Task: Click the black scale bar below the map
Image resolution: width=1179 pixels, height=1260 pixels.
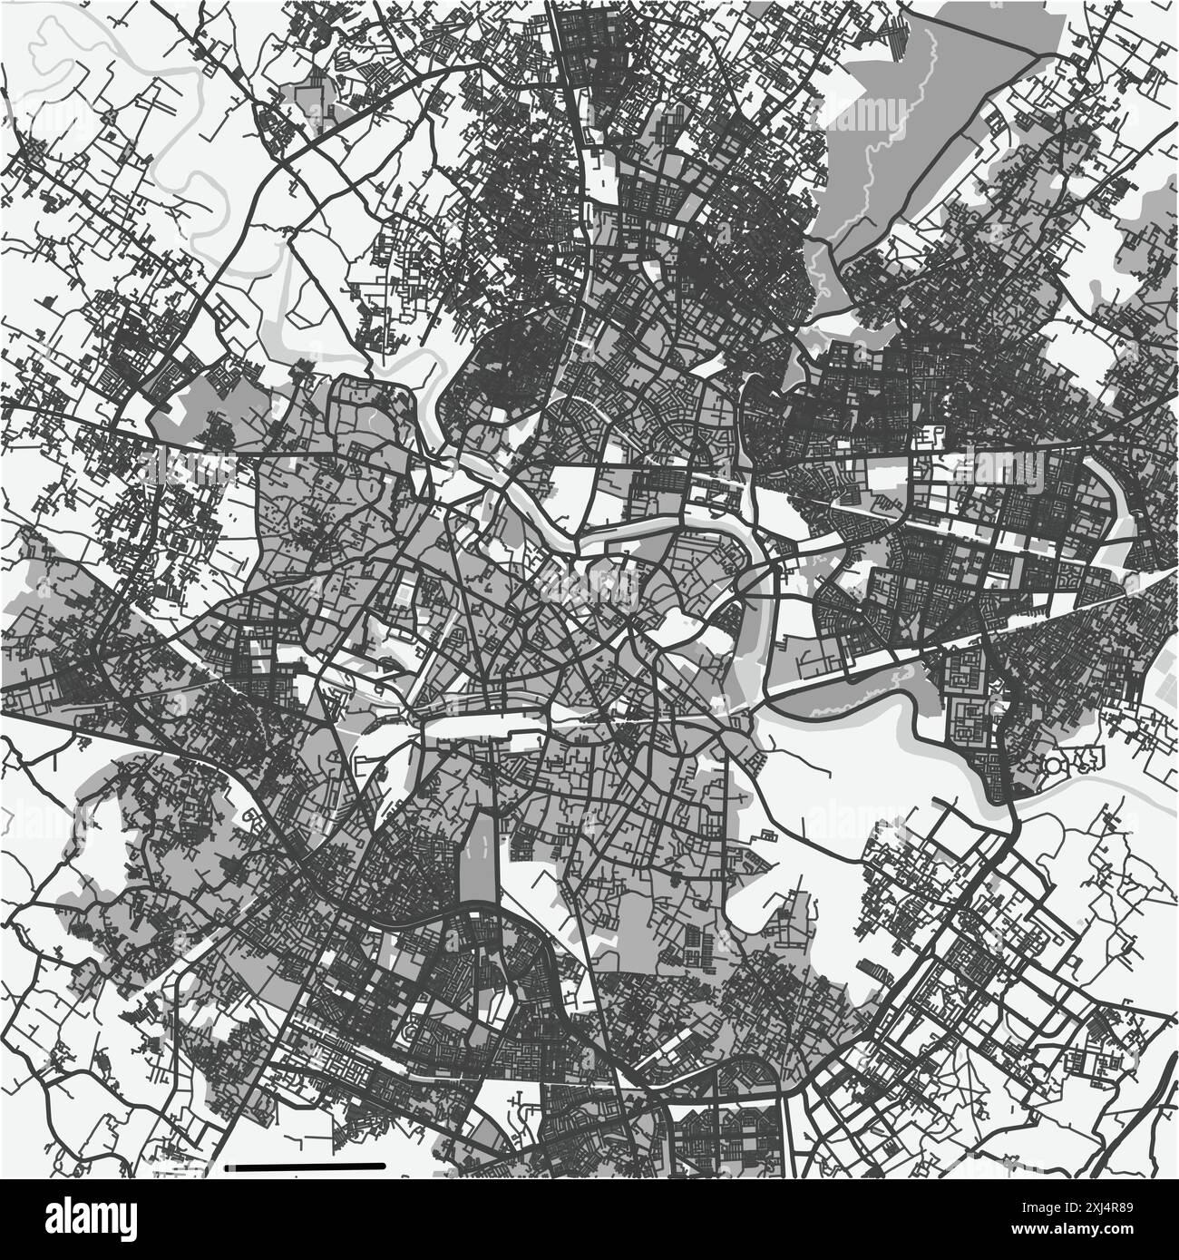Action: (308, 1165)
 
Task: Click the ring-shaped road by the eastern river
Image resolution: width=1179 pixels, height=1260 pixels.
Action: (1057, 767)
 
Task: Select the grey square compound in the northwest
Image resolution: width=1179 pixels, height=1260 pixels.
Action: (309, 95)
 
